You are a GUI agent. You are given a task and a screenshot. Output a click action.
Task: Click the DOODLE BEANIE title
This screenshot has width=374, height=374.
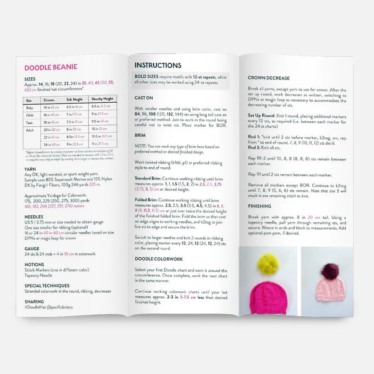tap(50, 68)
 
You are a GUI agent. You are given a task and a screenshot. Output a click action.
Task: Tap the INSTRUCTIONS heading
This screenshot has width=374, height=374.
tap(158, 65)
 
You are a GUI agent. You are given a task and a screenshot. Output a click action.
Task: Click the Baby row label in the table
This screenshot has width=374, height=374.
tap(30, 108)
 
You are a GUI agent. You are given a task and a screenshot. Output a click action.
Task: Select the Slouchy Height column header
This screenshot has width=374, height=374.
tap(102, 99)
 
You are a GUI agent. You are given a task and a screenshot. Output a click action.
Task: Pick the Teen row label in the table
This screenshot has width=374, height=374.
tap(30, 122)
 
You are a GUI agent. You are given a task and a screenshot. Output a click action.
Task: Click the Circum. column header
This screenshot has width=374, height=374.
tap(49, 100)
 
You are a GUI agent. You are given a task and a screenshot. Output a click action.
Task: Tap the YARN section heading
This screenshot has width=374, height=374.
tap(30, 168)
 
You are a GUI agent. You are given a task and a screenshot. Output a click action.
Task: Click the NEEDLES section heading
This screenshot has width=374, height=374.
tap(34, 217)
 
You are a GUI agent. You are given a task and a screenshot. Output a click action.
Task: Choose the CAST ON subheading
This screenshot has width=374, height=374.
tap(144, 98)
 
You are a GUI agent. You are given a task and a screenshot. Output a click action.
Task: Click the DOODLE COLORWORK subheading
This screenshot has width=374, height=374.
tap(159, 259)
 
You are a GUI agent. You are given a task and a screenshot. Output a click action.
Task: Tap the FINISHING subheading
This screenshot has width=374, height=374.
tap(260, 206)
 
